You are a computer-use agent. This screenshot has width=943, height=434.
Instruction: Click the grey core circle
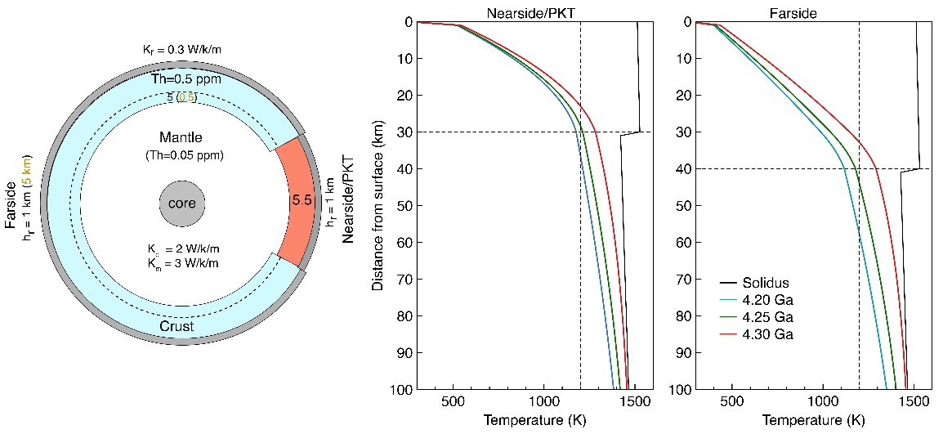(181, 202)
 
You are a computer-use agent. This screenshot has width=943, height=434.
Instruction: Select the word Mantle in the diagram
(182, 138)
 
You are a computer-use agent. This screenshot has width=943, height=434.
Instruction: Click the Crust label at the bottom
(177, 327)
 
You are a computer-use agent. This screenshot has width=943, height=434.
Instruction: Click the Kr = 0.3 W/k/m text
(181, 50)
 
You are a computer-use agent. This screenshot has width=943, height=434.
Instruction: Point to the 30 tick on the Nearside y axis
(407, 132)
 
